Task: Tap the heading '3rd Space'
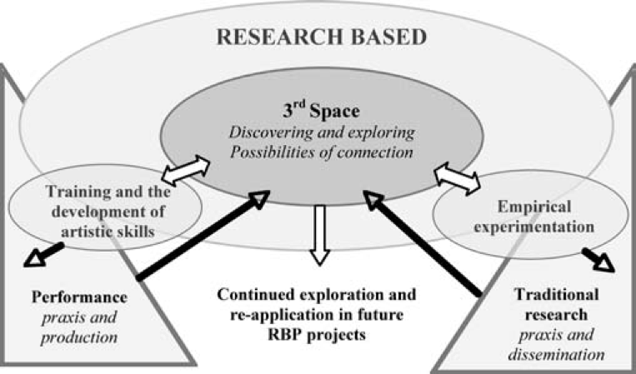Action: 316,110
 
